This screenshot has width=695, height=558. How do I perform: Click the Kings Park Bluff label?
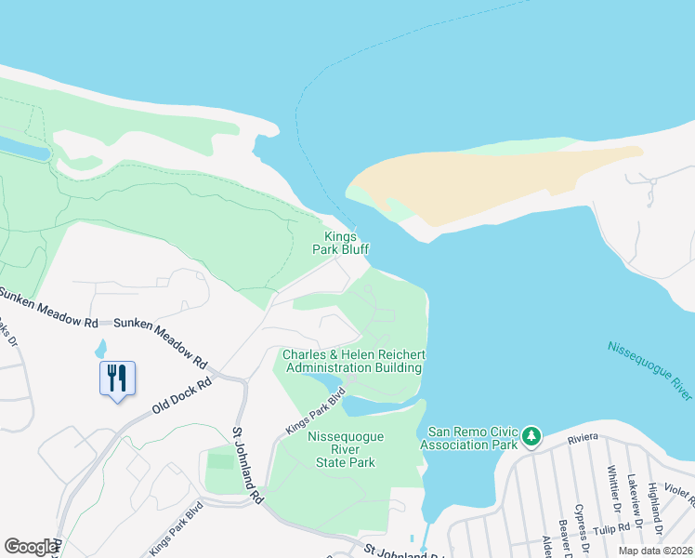coord(347,244)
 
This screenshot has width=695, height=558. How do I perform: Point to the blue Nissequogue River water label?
coord(649,370)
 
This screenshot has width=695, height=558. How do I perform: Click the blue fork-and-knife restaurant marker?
coord(117,379)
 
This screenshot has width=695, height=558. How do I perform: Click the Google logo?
coord(31,547)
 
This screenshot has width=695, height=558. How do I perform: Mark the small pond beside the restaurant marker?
coord(99,350)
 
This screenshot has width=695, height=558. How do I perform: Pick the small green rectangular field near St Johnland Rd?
coord(219,460)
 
